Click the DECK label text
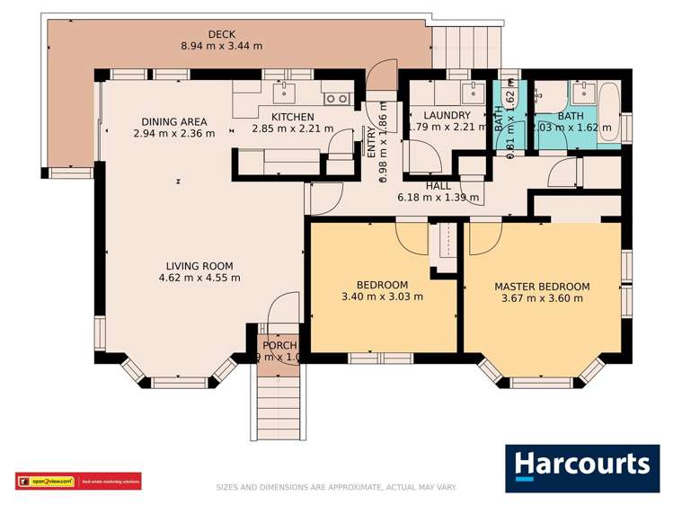coord(221,35)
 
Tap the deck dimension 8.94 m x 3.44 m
coord(221,47)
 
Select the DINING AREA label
coord(173,122)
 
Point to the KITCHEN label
coord(292,117)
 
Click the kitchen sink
coord(287,92)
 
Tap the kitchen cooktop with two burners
coord(336,99)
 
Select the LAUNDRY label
coord(447,116)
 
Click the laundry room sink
coord(471,91)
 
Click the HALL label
coord(438,186)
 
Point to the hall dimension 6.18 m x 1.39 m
coord(438,198)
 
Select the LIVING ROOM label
coord(199,266)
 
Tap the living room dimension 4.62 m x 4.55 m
coord(199,278)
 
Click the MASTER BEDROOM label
coord(542,287)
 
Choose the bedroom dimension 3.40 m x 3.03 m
coord(382,297)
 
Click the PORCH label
coord(279,346)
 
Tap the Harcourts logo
coord(581,466)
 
